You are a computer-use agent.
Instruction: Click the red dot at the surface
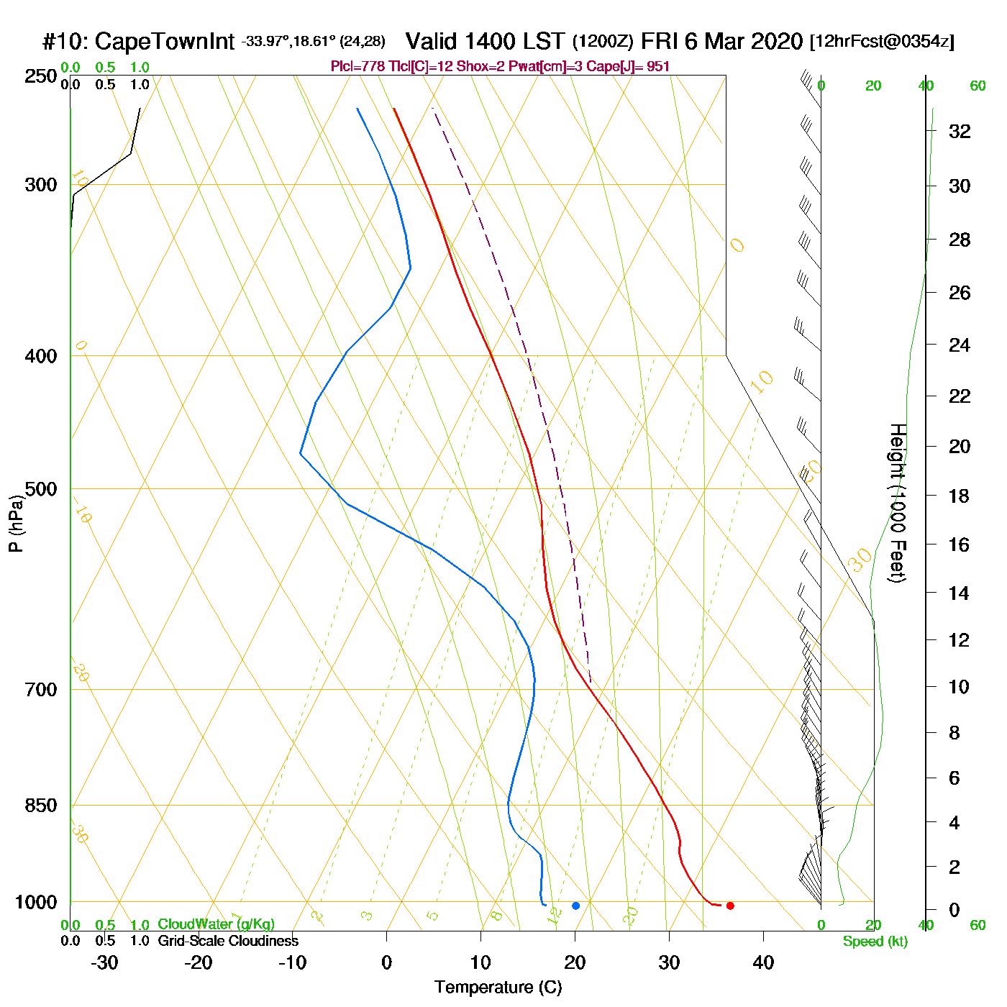(730, 906)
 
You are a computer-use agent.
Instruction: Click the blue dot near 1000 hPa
(575, 906)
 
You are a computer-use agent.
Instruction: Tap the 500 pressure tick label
(41, 489)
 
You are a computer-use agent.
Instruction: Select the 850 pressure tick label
(41, 806)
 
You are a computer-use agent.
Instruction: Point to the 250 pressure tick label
(41, 76)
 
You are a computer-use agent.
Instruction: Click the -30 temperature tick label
(104, 962)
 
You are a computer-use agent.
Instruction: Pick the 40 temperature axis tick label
(763, 962)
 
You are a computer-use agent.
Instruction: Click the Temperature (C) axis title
(498, 988)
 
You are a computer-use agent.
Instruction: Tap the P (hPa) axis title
(16, 523)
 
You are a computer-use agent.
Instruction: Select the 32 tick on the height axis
(960, 132)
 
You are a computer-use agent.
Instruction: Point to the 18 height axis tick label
(960, 496)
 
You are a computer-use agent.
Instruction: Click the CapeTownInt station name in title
(165, 42)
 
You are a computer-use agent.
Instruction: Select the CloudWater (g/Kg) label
(216, 924)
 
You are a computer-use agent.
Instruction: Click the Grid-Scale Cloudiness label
(228, 941)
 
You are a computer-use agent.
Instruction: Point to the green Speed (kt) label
(875, 942)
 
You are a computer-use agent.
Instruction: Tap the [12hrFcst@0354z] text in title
(882, 42)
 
